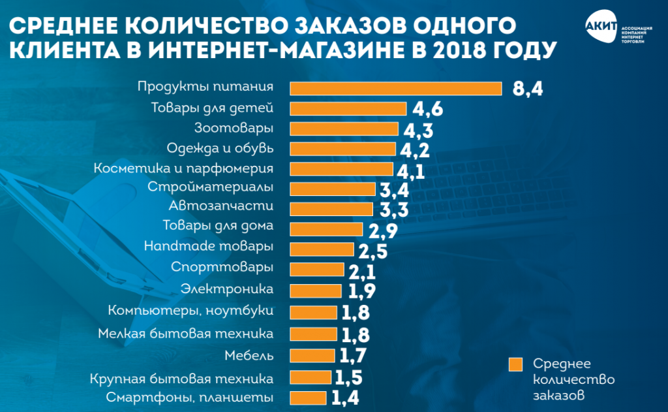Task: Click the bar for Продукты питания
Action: (395, 88)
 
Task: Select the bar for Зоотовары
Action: (343, 129)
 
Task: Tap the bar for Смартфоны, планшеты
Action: (307, 398)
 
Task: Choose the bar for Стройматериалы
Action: (332, 189)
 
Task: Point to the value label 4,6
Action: (426, 110)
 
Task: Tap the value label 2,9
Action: (382, 230)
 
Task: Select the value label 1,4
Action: (345, 397)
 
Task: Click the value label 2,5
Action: (373, 251)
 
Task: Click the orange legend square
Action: (516, 363)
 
